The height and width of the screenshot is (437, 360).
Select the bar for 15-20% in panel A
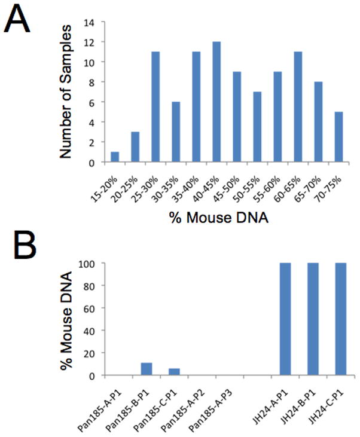pos(115,157)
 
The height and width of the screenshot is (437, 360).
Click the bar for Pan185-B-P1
pos(147,371)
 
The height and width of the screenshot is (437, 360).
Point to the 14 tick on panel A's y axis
pos(89,23)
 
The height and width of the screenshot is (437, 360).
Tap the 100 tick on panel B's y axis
pos(86,264)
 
